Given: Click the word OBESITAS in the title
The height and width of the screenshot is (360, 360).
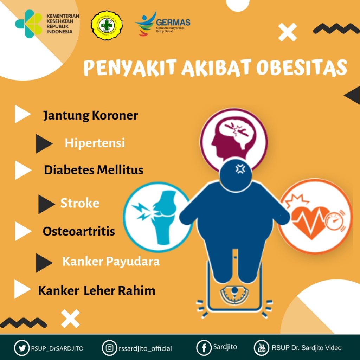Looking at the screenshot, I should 301,68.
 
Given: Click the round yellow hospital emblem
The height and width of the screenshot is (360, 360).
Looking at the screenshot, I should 107,24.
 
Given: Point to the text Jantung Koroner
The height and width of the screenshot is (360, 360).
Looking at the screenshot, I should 90,116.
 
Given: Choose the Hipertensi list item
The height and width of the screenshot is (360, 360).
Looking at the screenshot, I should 95,143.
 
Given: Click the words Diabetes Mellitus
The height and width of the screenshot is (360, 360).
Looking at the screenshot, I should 94,170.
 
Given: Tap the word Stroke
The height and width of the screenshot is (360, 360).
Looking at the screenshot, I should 80,203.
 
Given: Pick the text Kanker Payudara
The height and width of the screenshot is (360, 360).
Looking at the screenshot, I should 111,262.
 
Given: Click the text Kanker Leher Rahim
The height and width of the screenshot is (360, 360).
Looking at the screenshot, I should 97,291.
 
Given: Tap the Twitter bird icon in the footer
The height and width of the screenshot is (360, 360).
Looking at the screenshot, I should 22,348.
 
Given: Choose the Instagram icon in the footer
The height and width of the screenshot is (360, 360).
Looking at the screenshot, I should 110,348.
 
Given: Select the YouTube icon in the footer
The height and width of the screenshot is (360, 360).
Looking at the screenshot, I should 262,348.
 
